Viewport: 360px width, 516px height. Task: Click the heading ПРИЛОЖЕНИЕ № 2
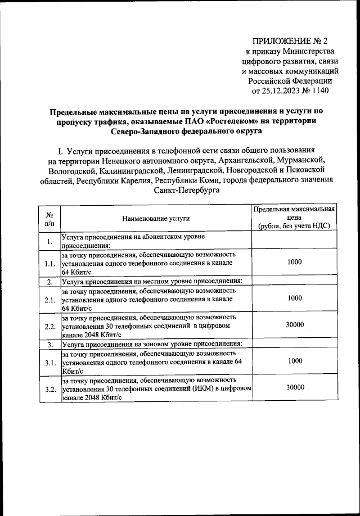point(290,41)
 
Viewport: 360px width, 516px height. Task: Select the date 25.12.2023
point(273,92)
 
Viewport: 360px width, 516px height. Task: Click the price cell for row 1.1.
point(294,262)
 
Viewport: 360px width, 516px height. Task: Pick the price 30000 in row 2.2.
point(294,325)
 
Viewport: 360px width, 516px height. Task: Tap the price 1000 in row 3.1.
point(294,361)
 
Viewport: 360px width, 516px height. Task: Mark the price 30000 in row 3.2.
point(294,388)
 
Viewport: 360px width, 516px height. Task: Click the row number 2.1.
point(49,299)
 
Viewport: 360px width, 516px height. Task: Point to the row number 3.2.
point(49,389)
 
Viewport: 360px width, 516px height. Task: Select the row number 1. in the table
point(49,242)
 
